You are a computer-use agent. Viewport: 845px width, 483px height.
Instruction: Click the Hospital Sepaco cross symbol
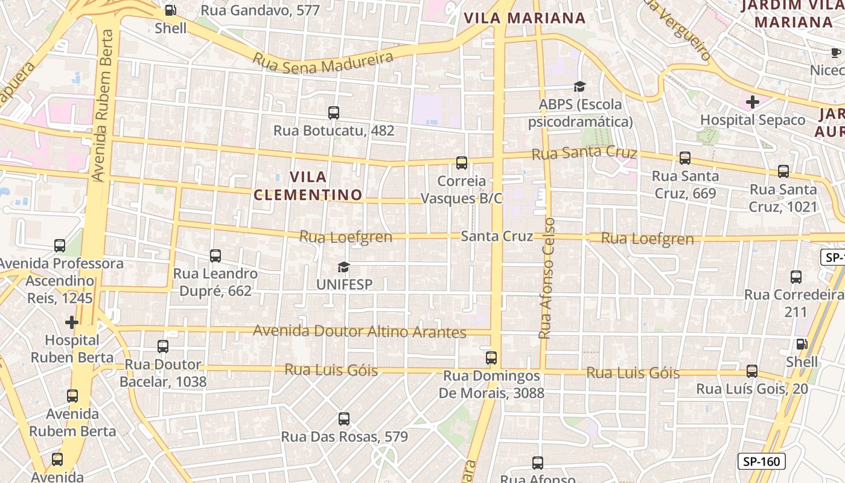point(752,102)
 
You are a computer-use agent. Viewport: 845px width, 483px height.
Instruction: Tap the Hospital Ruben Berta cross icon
point(72,322)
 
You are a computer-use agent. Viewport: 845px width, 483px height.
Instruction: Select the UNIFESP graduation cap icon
point(343,267)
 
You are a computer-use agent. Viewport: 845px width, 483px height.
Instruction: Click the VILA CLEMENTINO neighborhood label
point(308,186)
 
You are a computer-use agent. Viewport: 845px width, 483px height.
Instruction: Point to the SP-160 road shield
point(762,462)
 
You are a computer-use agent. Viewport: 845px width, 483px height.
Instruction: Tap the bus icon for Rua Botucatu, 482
point(333,113)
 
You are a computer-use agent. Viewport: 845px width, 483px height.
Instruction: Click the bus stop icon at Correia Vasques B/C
point(462,163)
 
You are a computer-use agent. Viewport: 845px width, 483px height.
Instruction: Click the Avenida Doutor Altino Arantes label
point(360,331)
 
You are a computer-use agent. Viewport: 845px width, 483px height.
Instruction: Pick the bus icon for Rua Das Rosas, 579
point(344,419)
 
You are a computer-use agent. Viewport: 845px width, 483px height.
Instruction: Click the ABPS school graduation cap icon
point(579,87)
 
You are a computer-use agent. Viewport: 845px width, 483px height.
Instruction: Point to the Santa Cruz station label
point(497,236)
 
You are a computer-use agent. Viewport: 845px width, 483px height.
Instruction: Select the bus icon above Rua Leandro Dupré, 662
point(215,256)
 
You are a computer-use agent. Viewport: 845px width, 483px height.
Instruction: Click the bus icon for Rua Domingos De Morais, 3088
point(491,358)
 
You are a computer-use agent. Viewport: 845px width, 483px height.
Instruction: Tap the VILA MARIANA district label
point(525,18)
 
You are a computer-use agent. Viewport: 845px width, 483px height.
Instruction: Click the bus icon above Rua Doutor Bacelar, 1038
point(163,347)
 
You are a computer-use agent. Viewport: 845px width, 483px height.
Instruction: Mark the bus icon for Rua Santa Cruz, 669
point(685,158)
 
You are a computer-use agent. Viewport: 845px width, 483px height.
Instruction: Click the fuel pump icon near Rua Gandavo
point(171,10)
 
